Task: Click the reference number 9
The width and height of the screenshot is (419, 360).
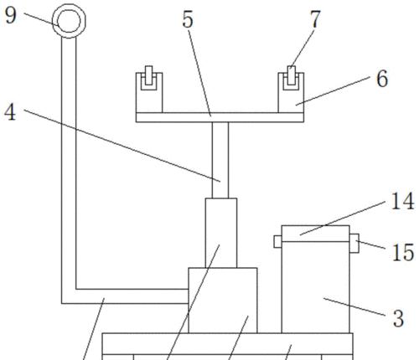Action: pyautogui.click(x=11, y=16)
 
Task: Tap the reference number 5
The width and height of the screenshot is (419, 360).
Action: pyautogui.click(x=188, y=19)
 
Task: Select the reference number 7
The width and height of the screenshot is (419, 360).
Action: pyautogui.click(x=315, y=19)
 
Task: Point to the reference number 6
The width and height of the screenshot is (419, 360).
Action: pyautogui.click(x=382, y=79)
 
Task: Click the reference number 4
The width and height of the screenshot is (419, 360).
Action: pyautogui.click(x=10, y=112)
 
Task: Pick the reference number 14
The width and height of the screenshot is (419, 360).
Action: pyautogui.click(x=402, y=201)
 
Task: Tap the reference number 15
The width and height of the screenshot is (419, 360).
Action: pyautogui.click(x=403, y=253)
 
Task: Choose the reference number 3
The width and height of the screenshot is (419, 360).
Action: pyautogui.click(x=398, y=318)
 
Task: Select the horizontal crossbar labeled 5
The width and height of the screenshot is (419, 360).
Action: pyautogui.click(x=220, y=117)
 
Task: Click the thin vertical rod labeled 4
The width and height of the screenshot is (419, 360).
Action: pyautogui.click(x=220, y=160)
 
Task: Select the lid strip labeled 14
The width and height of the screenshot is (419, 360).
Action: pyautogui.click(x=316, y=234)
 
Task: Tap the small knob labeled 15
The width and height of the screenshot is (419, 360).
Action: pyautogui.click(x=354, y=244)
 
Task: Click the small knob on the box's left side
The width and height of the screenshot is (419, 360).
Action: pyautogui.click(x=277, y=241)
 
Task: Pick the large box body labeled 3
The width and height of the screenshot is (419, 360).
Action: pyautogui.click(x=316, y=287)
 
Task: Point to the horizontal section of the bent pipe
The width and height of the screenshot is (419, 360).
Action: pyautogui.click(x=125, y=296)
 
